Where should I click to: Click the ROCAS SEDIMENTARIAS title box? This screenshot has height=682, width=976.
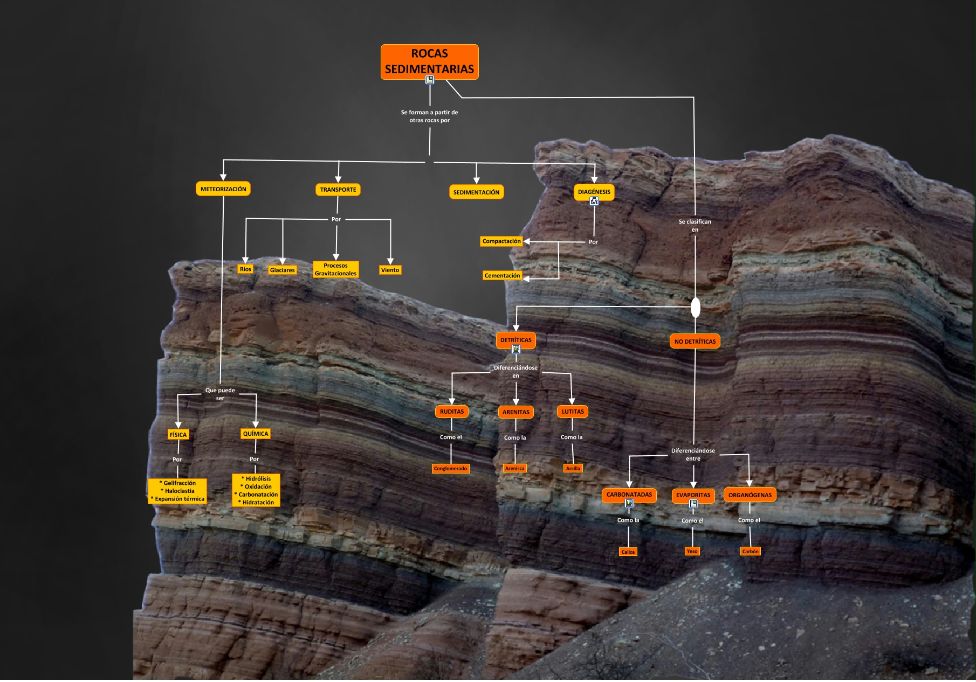pyautogui.click(x=429, y=61)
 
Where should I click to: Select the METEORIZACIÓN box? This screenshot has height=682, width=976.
pyautogui.click(x=223, y=189)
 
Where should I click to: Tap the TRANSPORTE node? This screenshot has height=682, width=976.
pyautogui.click(x=338, y=190)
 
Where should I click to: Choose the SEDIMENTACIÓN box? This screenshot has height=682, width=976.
pyautogui.click(x=476, y=192)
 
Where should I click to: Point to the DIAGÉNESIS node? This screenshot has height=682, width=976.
pyautogui.click(x=594, y=192)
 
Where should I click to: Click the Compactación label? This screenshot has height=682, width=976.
pyautogui.click(x=501, y=241)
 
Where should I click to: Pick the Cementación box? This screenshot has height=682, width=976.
pyautogui.click(x=502, y=276)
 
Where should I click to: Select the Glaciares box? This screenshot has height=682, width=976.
pyautogui.click(x=283, y=270)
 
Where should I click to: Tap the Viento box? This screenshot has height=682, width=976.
pyautogui.click(x=390, y=270)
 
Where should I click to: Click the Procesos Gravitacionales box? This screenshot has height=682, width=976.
pyautogui.click(x=335, y=269)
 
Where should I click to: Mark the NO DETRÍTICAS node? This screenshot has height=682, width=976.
pyautogui.click(x=695, y=342)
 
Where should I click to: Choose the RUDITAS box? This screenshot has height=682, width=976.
pyautogui.click(x=452, y=412)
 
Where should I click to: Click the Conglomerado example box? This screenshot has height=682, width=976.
pyautogui.click(x=451, y=469)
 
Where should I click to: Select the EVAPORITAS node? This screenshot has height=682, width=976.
pyautogui.click(x=693, y=495)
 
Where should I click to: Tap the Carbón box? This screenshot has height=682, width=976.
pyautogui.click(x=750, y=551)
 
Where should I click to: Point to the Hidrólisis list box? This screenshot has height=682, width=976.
pyautogui.click(x=256, y=490)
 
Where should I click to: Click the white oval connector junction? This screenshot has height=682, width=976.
pyautogui.click(x=696, y=308)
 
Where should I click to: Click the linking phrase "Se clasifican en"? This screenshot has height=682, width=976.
pyautogui.click(x=695, y=226)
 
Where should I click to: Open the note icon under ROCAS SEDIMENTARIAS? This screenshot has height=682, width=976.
pyautogui.click(x=430, y=80)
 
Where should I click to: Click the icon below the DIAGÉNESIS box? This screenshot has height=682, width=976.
pyautogui.click(x=594, y=201)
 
